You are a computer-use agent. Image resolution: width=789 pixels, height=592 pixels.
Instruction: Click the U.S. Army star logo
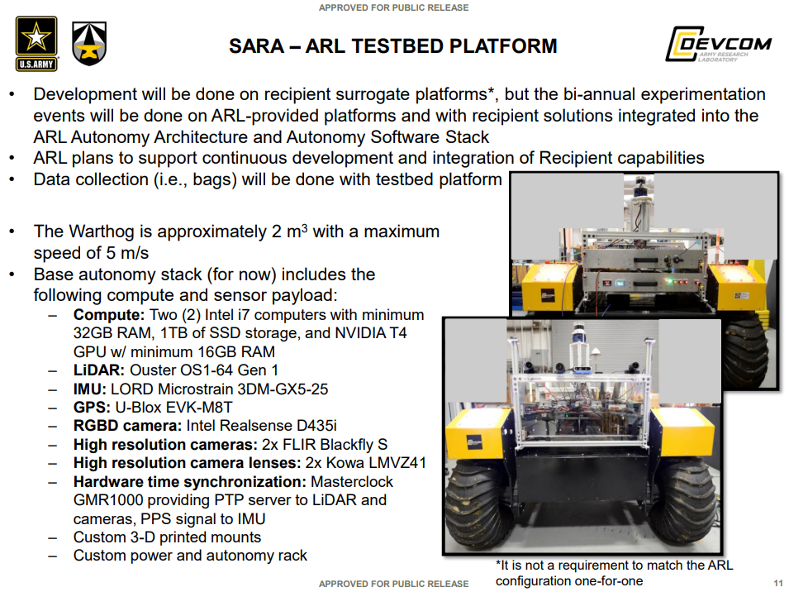click(x=36, y=44)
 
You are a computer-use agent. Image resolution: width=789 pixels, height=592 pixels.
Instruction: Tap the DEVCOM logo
click(x=719, y=44)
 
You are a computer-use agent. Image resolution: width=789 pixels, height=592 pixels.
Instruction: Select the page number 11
click(x=778, y=583)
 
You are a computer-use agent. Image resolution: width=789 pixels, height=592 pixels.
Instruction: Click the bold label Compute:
click(x=109, y=315)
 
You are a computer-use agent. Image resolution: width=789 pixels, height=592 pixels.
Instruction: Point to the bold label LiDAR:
click(x=98, y=370)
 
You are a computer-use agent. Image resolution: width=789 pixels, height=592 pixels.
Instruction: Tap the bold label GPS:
click(x=92, y=408)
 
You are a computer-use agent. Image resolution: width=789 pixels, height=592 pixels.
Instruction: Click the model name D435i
click(x=316, y=426)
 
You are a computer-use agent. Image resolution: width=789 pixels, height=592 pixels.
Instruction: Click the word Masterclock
click(x=352, y=482)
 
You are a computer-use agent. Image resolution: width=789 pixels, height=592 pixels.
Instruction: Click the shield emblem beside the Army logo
click(x=89, y=43)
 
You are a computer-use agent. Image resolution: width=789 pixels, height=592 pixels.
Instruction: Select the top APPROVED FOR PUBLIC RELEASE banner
click(x=393, y=7)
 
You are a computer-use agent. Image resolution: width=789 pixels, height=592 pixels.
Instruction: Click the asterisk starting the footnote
click(x=498, y=564)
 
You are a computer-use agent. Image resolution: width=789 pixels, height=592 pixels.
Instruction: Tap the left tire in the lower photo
click(x=477, y=504)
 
